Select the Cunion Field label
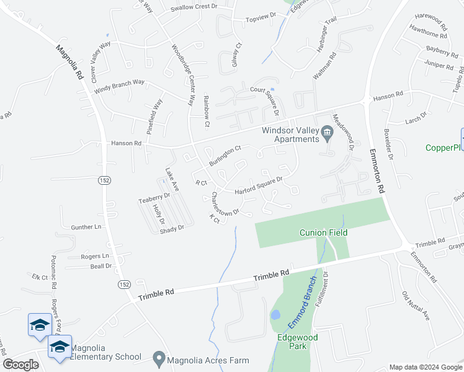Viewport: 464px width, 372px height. click(323, 232)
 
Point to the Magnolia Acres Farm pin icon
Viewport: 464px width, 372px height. click(159, 359)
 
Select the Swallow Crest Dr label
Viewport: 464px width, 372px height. click(195, 7)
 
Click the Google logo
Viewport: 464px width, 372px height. click(20, 364)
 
